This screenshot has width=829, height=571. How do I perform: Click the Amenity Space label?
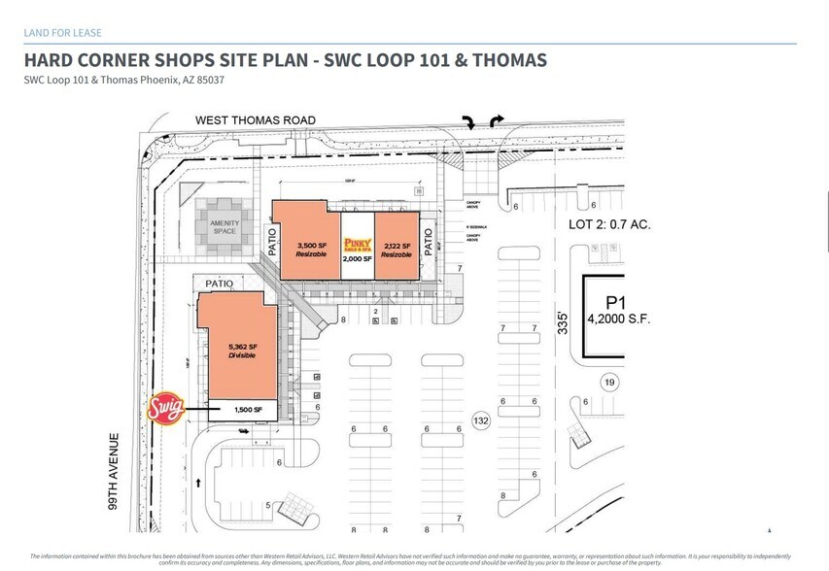pyautogui.click(x=225, y=226)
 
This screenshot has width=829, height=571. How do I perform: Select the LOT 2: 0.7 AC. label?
pyautogui.click(x=608, y=224)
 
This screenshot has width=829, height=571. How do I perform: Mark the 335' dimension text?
pyautogui.click(x=562, y=321)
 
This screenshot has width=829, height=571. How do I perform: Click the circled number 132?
pyautogui.click(x=479, y=420)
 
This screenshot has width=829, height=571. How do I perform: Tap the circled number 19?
pyautogui.click(x=609, y=382)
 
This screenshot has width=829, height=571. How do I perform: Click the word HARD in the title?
pyautogui.click(x=49, y=61)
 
